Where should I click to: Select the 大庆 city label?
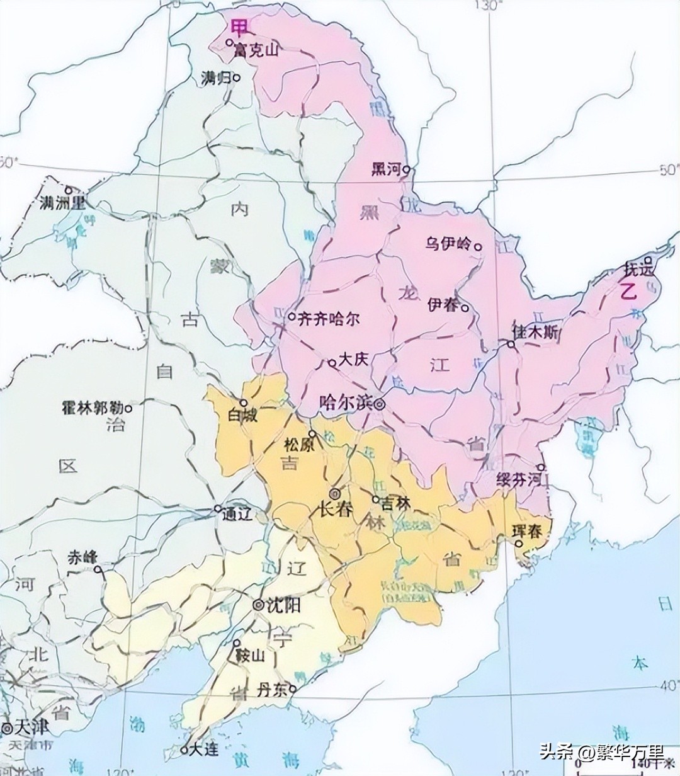pyautogui.click(x=353, y=360)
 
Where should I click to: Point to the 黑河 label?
pyautogui.click(x=386, y=169)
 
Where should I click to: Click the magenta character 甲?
pyautogui.click(x=239, y=27)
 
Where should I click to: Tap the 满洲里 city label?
pyautogui.click(x=62, y=203)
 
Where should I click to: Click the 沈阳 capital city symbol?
pyautogui.click(x=258, y=605)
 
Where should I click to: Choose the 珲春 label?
pyautogui.click(x=527, y=531)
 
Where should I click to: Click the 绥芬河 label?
pyautogui.click(x=518, y=478)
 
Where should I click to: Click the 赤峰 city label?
pyautogui.click(x=83, y=557)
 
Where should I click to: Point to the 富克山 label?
pyautogui.click(x=255, y=50)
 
